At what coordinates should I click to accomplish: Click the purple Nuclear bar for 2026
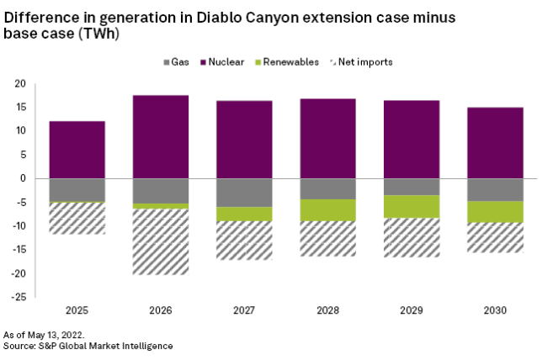[x=161, y=136]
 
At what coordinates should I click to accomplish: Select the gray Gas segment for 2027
[x=244, y=193]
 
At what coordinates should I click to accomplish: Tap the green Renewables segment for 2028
[x=328, y=210]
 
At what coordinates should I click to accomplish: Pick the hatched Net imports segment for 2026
[x=161, y=241]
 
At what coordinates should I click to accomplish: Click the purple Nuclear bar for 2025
[x=77, y=150]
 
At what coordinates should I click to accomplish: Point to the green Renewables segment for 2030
[x=496, y=212]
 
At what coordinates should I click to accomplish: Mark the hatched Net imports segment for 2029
[x=412, y=237]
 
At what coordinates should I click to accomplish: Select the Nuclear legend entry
[x=226, y=62]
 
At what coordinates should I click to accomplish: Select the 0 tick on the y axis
[x=23, y=178]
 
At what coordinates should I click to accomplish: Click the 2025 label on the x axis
[x=77, y=311]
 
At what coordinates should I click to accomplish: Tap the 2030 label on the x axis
[x=496, y=311]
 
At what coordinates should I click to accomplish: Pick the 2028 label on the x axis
[x=328, y=311]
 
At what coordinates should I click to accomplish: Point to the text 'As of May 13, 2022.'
[x=44, y=335]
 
